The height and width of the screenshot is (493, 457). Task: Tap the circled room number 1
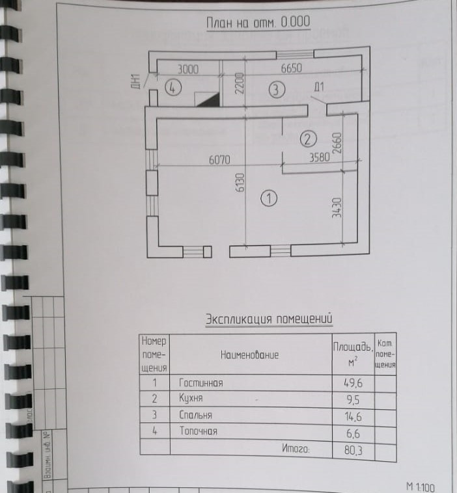point(267,198)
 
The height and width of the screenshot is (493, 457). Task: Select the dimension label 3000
point(188,68)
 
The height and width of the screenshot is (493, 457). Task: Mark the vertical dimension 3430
point(337,207)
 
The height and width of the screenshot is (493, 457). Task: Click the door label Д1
point(319,86)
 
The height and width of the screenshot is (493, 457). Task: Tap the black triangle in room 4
point(208,98)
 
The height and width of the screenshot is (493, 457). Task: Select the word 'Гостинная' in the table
point(201,383)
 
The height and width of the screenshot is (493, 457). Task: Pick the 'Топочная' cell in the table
point(199,431)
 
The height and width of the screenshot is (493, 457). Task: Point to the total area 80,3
point(352,448)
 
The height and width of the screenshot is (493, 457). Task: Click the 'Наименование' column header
point(250,354)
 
